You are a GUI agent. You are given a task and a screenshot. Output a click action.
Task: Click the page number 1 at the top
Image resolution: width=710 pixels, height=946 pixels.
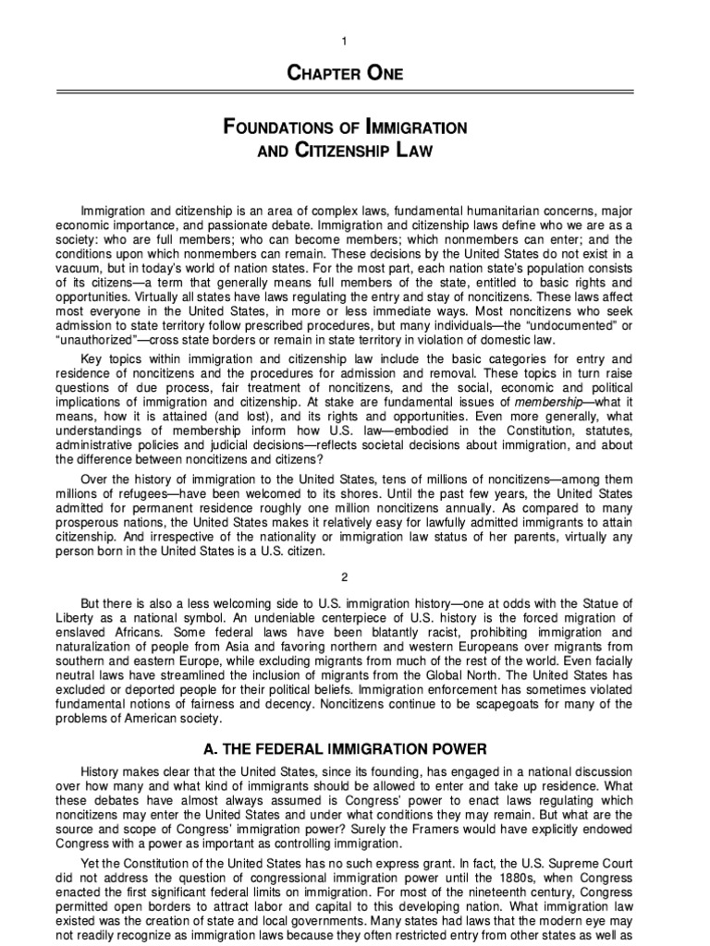354,42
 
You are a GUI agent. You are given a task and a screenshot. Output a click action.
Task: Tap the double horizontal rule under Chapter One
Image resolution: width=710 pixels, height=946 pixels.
355,92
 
